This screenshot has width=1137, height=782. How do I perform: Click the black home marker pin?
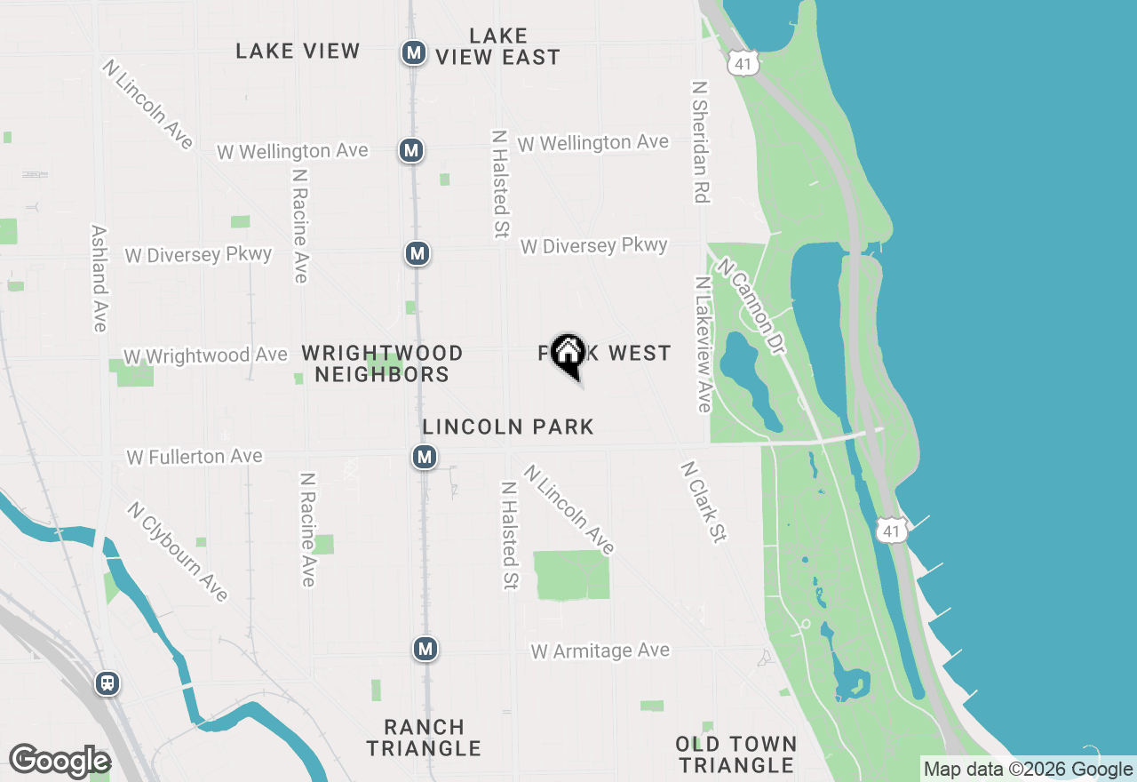(x=568, y=355)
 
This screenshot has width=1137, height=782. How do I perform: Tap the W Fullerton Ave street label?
(x=195, y=457)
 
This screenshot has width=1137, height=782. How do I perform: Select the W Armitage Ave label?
(x=600, y=651)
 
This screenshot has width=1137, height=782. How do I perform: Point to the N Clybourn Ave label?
(x=178, y=552)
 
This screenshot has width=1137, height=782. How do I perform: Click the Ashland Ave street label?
(x=99, y=278)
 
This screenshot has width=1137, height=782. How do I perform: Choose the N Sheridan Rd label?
(x=701, y=143)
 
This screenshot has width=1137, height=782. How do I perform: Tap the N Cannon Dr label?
(x=751, y=307)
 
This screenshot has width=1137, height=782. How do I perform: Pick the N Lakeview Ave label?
(x=704, y=345)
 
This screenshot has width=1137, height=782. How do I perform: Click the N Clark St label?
(x=704, y=502)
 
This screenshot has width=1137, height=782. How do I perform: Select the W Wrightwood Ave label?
(x=205, y=355)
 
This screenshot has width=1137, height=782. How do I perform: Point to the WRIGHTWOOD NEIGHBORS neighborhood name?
(x=382, y=363)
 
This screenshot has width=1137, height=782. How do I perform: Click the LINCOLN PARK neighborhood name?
(x=508, y=427)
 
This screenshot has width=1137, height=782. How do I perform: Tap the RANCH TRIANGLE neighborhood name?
(x=424, y=738)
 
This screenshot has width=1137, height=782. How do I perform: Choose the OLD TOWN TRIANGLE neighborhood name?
(x=735, y=754)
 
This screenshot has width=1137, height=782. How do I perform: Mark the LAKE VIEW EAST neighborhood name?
(x=497, y=46)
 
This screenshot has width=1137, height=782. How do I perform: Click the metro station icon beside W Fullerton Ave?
(x=425, y=458)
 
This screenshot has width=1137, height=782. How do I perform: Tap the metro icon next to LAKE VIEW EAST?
(x=413, y=52)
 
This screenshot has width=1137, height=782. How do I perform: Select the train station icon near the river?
(x=107, y=683)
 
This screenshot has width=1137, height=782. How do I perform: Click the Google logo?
(x=60, y=762)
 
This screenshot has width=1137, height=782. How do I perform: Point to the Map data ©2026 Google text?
(x=1027, y=770)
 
